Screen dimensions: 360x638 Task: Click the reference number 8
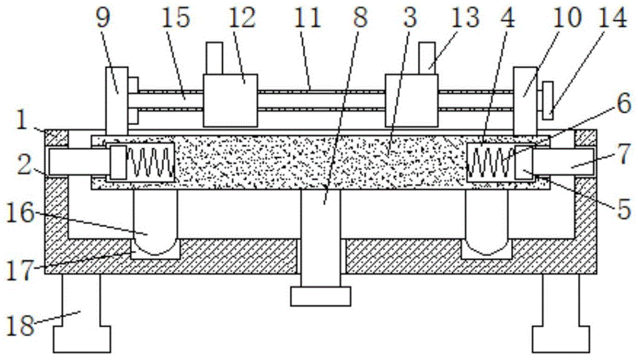[360, 19]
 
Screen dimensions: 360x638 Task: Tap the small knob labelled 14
[547, 100]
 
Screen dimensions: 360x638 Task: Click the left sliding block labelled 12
[230, 100]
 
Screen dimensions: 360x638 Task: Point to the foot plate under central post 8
[320, 296]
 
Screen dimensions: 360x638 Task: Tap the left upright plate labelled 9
[115, 102]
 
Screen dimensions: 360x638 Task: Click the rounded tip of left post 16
[155, 246]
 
